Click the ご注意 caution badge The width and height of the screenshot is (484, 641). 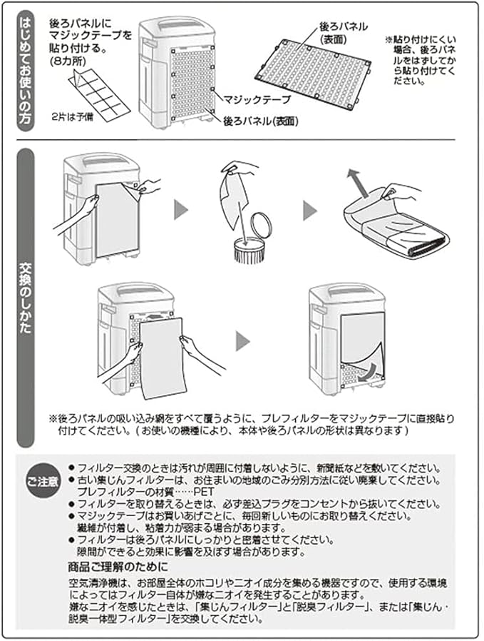coord(43,482)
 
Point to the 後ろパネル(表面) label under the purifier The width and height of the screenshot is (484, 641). coord(261,122)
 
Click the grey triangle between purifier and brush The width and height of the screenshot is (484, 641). coord(182,211)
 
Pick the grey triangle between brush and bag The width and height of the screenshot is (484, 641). coord(309,211)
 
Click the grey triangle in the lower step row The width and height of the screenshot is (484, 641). coord(243,339)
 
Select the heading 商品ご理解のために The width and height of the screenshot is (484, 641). coord(114,567)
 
